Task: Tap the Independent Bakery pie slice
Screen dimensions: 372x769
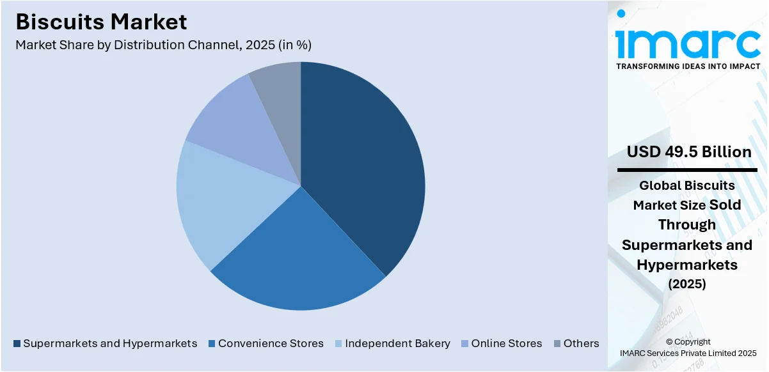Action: (227, 198)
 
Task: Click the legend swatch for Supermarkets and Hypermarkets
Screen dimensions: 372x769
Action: (17, 344)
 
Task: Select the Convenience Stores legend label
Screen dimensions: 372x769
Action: (271, 343)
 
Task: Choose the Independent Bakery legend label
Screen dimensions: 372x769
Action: (397, 343)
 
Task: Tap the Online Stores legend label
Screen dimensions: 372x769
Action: (506, 343)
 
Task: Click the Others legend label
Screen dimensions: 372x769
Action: (581, 343)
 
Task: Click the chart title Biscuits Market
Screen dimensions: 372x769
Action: (101, 22)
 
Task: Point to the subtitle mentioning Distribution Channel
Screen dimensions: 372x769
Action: (163, 45)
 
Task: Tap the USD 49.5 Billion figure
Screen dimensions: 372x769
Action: (689, 152)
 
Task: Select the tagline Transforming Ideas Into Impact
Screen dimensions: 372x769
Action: (688, 66)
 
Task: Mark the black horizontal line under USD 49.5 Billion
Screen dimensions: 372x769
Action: (688, 170)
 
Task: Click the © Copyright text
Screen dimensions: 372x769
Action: (688, 342)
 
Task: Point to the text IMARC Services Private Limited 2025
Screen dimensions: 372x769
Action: (688, 353)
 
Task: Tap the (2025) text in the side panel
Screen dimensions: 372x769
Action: (688, 284)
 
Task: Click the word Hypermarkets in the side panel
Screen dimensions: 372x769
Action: (688, 265)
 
